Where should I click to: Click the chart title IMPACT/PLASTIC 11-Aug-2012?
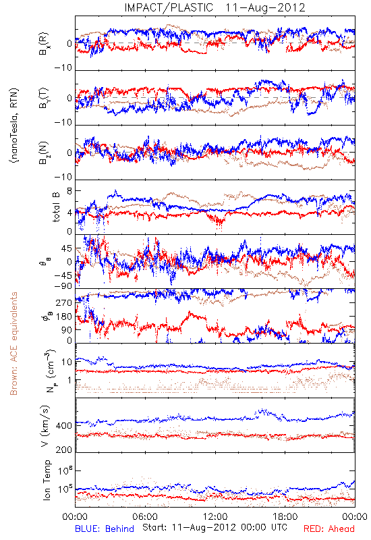click(x=215, y=7)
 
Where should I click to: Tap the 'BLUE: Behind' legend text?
click(x=105, y=529)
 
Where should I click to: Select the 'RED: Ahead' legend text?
click(x=329, y=529)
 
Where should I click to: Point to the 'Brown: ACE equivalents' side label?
click(x=13, y=344)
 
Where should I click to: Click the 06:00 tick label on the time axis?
click(x=145, y=516)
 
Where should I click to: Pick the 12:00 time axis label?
click(x=215, y=516)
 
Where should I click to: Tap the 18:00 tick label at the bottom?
click(x=285, y=516)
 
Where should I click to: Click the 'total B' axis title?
click(x=56, y=207)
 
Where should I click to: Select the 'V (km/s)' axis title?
click(x=45, y=426)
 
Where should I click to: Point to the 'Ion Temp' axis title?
click(x=47, y=480)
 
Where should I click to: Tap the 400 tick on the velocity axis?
click(x=64, y=426)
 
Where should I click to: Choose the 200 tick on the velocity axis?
click(x=64, y=450)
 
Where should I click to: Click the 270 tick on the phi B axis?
click(x=64, y=303)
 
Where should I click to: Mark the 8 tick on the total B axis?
click(x=69, y=191)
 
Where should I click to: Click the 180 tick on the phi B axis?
click(x=64, y=317)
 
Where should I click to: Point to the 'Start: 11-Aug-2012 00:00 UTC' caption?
click(x=215, y=527)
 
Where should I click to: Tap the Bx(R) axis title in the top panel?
click(x=43, y=44)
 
